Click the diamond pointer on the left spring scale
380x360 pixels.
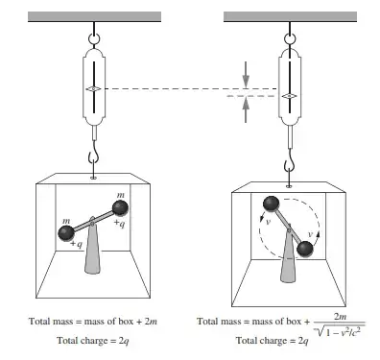(94, 89)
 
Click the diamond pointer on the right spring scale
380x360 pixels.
(290, 96)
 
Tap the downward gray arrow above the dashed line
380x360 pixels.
(246, 74)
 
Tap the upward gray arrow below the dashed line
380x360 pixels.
(246, 109)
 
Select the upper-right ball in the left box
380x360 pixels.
(121, 207)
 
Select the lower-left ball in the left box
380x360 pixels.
(66, 233)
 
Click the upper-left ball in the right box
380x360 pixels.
(272, 204)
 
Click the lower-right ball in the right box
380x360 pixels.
(305, 249)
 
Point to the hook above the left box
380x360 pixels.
(93, 158)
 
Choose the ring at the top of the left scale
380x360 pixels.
(94, 39)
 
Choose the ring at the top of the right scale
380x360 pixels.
(290, 39)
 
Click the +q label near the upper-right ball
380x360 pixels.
(119, 223)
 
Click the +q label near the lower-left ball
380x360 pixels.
(77, 244)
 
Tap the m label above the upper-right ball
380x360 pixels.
(121, 195)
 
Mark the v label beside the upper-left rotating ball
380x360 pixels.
(268, 222)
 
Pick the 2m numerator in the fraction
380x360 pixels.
(340, 317)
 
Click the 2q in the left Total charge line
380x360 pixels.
(124, 341)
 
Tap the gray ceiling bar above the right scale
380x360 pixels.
(290, 16)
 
